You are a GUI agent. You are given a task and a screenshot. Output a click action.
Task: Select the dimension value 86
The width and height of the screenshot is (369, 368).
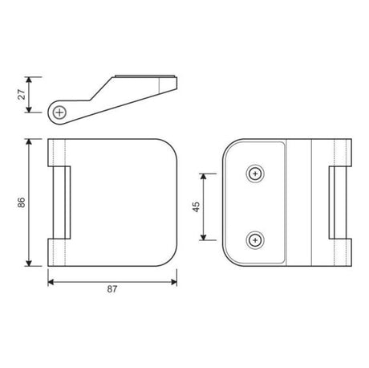coord(22,202)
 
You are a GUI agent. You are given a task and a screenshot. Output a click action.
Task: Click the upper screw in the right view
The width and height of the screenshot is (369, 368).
coord(255,173)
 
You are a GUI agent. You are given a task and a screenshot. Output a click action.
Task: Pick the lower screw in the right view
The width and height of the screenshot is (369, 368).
coord(255,239)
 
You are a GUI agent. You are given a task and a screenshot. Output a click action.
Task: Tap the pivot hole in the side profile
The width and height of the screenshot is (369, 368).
coord(59,112)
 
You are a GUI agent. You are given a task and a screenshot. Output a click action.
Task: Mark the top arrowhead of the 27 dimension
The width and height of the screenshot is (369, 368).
coord(30,79)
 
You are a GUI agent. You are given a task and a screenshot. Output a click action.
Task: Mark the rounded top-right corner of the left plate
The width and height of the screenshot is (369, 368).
coord(166,150)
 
